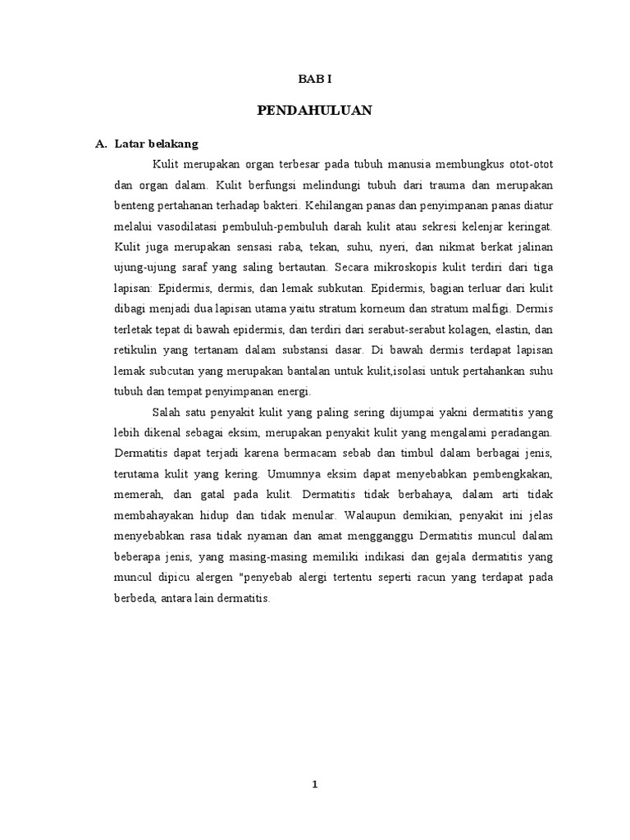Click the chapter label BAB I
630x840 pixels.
[x=314, y=79]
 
